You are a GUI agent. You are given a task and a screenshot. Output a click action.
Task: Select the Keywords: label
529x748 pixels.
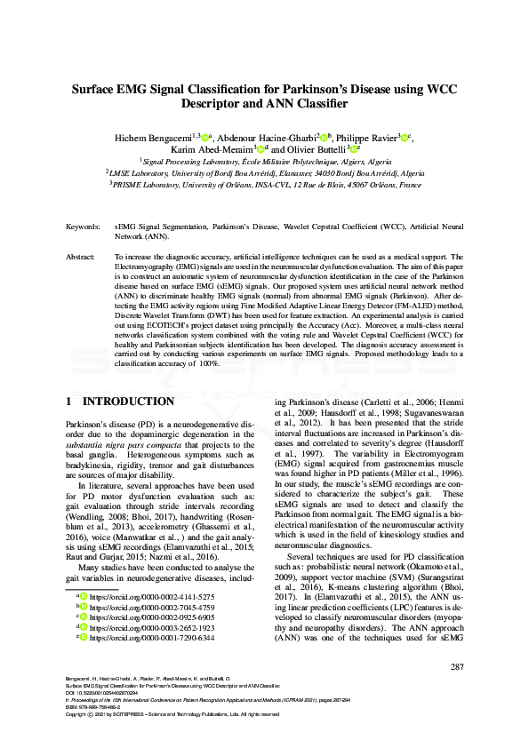pos(82,228)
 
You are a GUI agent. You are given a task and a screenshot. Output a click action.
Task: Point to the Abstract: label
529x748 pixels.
pos(81,256)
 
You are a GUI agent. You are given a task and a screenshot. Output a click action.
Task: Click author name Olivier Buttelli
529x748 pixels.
pos(315,150)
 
